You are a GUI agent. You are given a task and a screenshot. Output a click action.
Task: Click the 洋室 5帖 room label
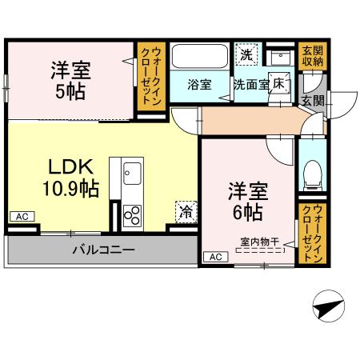[x=72, y=79]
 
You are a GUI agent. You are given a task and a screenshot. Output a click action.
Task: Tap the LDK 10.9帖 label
[x=72, y=178]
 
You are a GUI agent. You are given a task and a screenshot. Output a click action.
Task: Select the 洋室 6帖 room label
[x=246, y=202]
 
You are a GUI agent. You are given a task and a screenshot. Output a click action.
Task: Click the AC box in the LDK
[x=21, y=217]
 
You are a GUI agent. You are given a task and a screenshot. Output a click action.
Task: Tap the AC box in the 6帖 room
[x=214, y=257]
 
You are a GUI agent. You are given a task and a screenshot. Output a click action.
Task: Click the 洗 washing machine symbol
[x=247, y=54]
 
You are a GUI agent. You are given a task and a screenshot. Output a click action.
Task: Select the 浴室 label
[x=198, y=82]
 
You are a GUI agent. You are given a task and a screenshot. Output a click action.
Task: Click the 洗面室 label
[x=251, y=82]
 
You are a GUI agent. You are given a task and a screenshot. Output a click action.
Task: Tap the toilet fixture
[x=314, y=171]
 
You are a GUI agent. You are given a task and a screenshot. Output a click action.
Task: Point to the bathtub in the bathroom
[x=200, y=56]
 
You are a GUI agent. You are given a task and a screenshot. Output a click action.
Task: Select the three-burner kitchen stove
[x=132, y=214]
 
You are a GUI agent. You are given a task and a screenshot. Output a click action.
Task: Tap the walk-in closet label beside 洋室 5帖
[x=150, y=78]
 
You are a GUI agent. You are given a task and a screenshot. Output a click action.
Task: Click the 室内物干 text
[x=258, y=240]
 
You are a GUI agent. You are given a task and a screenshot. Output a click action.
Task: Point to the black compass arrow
[x=327, y=306]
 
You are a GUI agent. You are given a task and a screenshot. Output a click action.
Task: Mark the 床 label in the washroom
[x=279, y=82]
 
